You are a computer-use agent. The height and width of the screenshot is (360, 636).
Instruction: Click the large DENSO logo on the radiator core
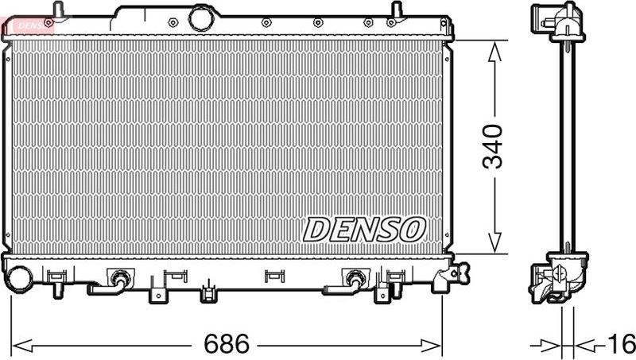(x=364, y=230)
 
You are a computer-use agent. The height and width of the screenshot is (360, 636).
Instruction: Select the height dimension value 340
(x=494, y=146)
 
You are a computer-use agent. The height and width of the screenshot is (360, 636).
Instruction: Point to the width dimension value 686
(x=227, y=345)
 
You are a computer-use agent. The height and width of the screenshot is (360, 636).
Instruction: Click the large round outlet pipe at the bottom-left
(x=17, y=277)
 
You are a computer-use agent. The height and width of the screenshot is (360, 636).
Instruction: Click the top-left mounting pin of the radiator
(x=57, y=9)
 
